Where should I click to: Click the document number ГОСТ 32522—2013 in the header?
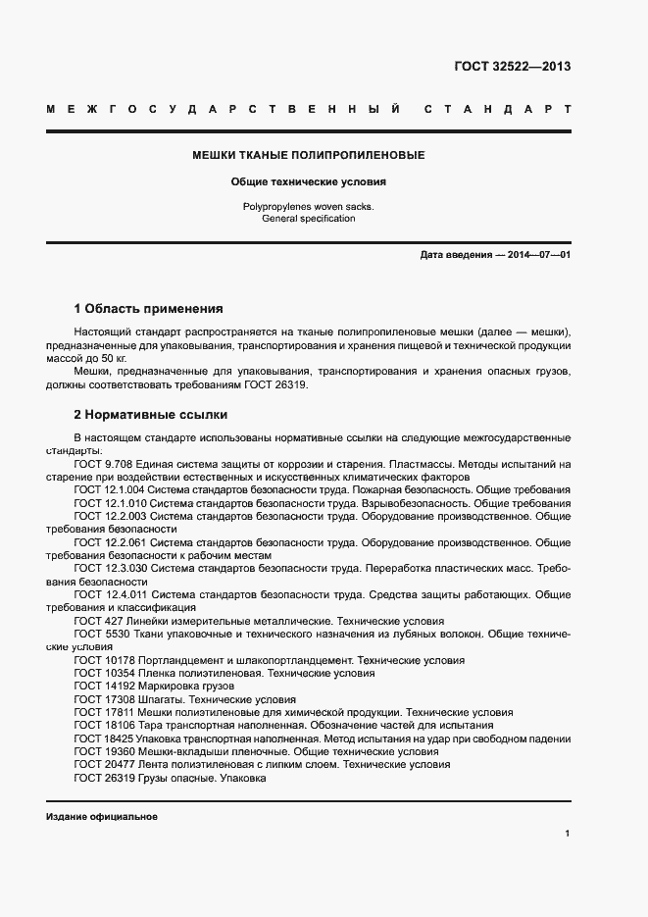click(x=512, y=67)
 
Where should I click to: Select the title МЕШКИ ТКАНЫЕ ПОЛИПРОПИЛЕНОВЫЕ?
click(x=308, y=155)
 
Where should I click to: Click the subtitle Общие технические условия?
click(x=308, y=181)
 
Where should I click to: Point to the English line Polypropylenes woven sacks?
click(x=308, y=206)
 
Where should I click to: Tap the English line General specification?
click(x=308, y=219)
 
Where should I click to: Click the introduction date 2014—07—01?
click(x=538, y=255)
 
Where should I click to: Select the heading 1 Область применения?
click(x=148, y=308)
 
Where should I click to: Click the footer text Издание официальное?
click(x=102, y=816)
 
